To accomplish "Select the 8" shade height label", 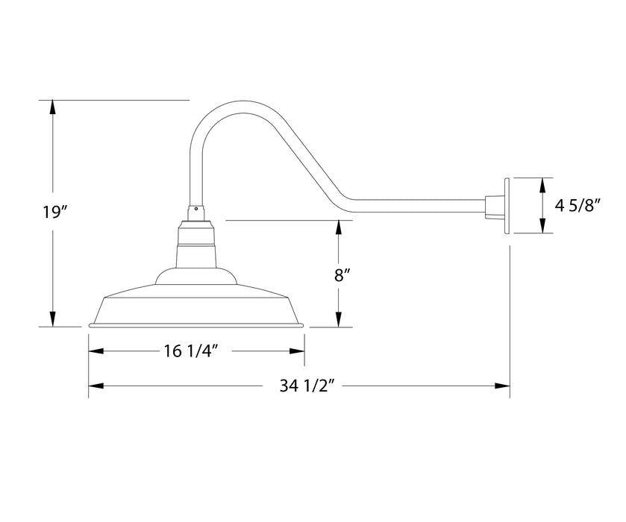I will point(342,274).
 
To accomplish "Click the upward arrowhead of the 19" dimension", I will point(52,107).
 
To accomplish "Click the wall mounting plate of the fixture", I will point(507,206).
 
